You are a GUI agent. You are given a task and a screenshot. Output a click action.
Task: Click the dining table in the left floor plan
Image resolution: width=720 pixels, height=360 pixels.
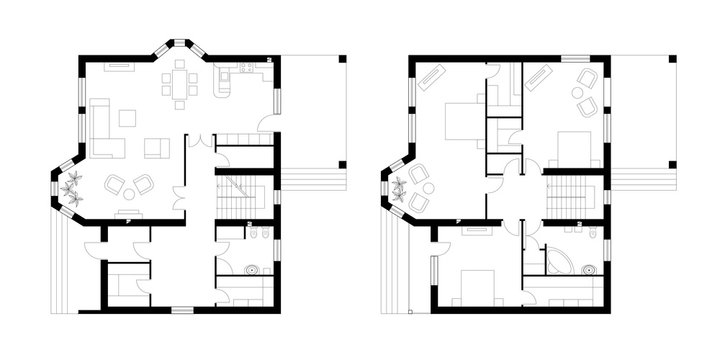[x=180, y=84]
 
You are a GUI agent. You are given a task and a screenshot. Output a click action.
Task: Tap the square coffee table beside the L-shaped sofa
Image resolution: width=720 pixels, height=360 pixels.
[x=127, y=118]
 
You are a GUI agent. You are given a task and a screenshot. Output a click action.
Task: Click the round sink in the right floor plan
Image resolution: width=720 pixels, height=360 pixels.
[x=589, y=268]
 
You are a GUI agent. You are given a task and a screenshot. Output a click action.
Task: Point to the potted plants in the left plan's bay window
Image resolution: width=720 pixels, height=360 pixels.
[x=71, y=186]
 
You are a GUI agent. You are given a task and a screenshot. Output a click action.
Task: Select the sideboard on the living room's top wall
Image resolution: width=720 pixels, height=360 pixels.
[x=118, y=66]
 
